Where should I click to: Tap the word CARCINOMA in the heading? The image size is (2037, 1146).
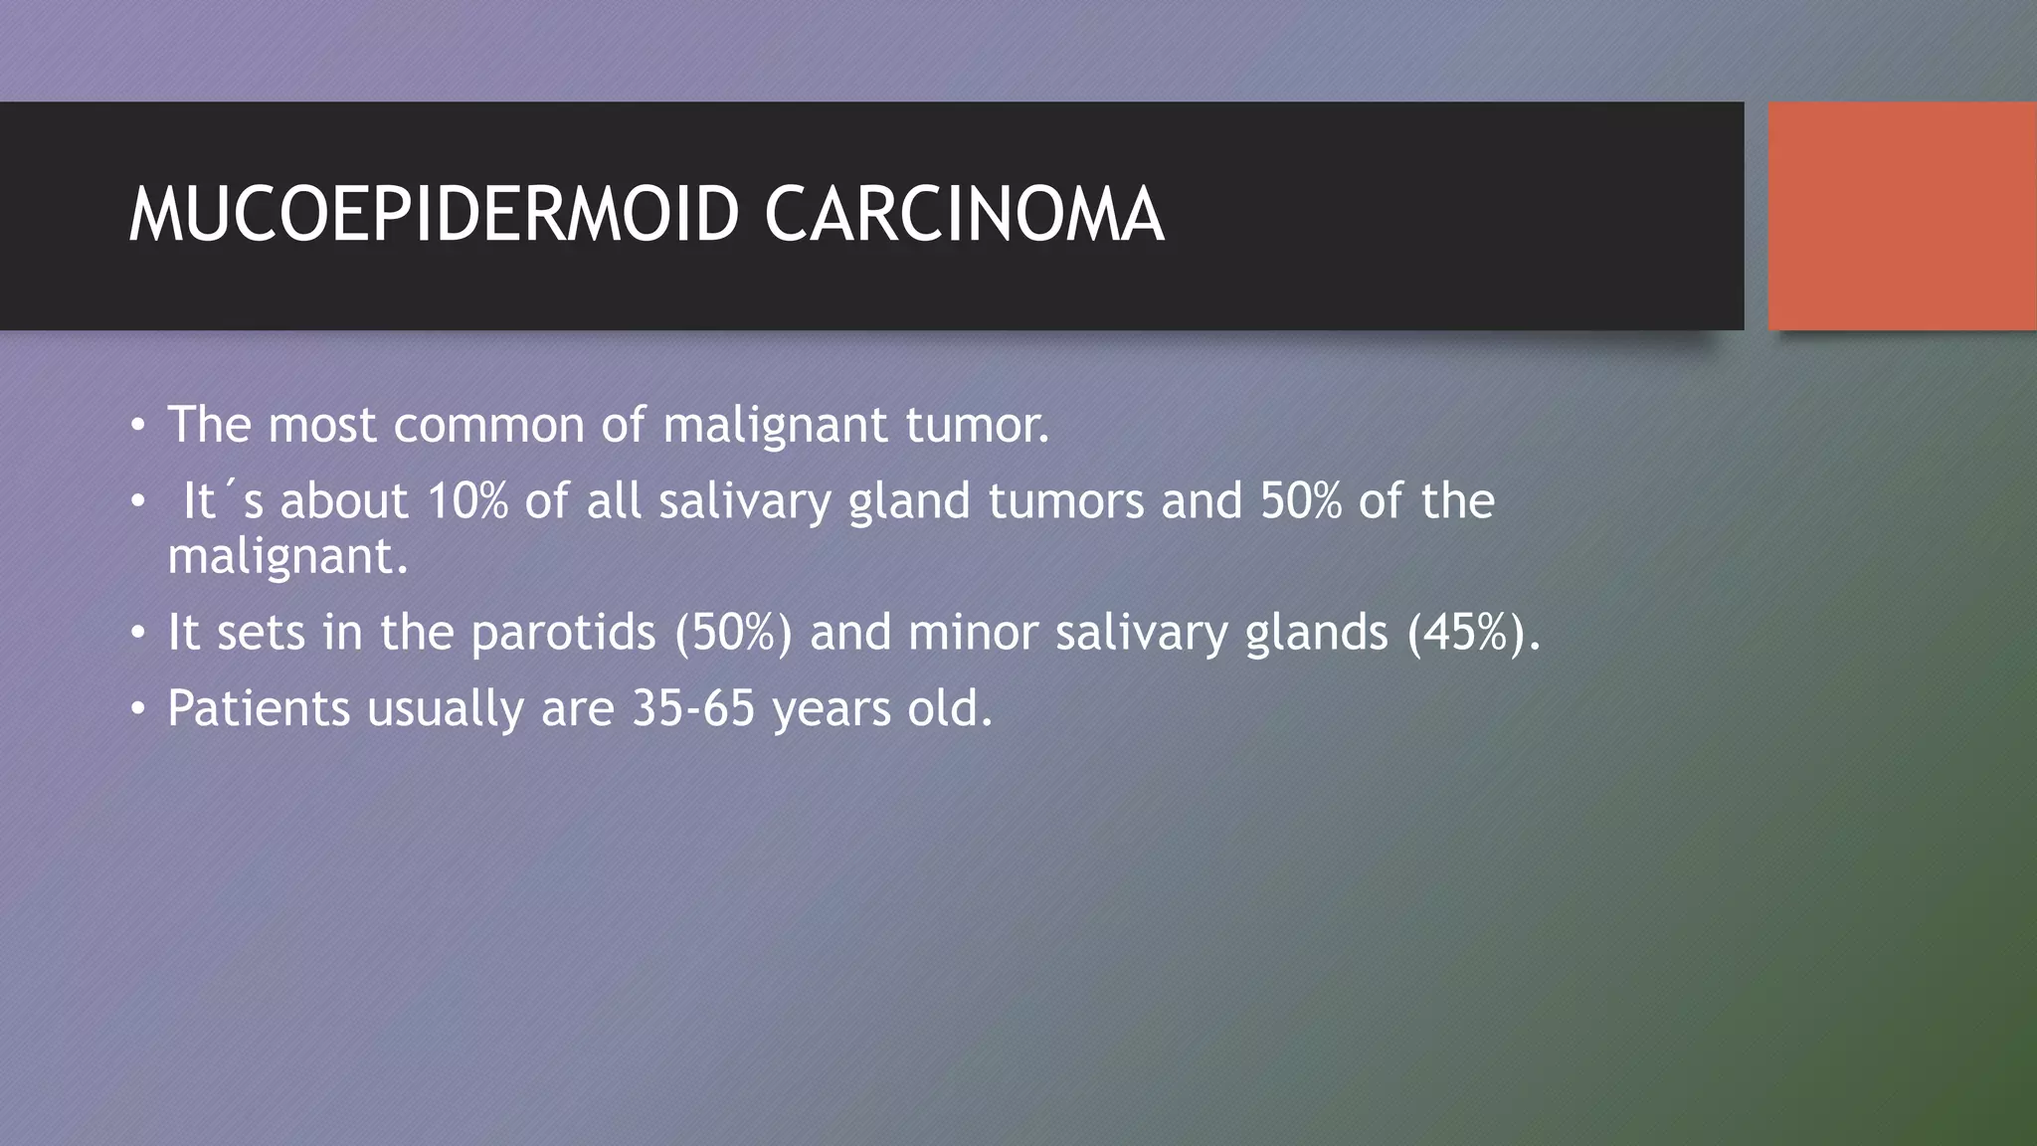coord(964,215)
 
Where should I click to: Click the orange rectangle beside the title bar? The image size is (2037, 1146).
coord(1902,216)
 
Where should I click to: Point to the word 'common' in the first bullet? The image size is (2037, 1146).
coord(488,426)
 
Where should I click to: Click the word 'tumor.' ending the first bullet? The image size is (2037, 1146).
coord(977,426)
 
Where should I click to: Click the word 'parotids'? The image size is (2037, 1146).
coord(563,633)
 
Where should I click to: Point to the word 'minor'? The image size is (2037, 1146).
coord(973,633)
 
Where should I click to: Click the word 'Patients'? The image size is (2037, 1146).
coord(259,708)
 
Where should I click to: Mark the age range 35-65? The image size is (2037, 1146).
coord(693,708)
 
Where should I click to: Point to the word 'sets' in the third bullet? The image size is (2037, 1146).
coord(261,633)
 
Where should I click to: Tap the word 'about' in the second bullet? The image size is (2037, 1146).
coord(344,500)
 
